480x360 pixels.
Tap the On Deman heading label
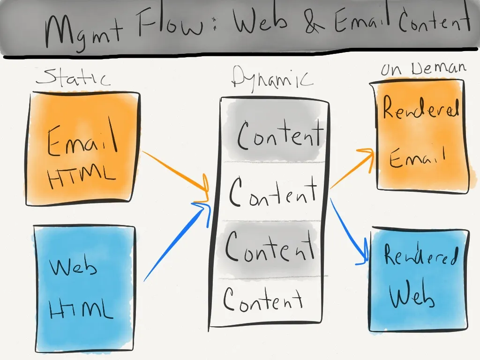423,69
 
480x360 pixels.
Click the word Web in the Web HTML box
74,267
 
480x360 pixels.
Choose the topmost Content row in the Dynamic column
279,134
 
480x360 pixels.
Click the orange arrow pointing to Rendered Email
352,169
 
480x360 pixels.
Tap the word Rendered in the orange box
420,109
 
